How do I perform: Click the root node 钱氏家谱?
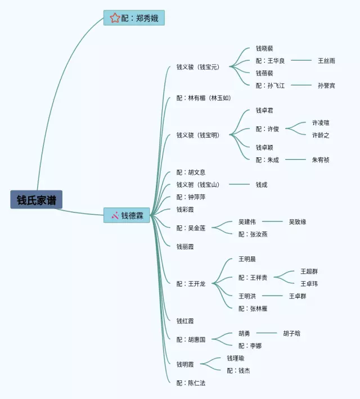[x=36, y=199]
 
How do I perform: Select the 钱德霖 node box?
[x=127, y=215]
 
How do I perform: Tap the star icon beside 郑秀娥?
[x=115, y=18]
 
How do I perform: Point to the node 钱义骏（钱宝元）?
[x=197, y=67]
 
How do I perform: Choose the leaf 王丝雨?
[x=326, y=61]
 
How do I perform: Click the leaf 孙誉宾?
[x=326, y=85]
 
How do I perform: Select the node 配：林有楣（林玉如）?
[x=203, y=98]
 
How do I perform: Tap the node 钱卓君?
[x=264, y=110]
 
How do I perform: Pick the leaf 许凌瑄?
[x=321, y=123]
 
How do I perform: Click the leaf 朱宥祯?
[x=321, y=160]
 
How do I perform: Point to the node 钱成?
[x=262, y=184]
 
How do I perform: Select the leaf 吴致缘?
[x=298, y=221]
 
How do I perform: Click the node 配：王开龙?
[x=191, y=283]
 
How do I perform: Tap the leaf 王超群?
[x=309, y=271]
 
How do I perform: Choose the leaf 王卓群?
[x=298, y=296]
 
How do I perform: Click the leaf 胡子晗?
[x=291, y=333]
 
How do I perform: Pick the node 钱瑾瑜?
[x=236, y=358]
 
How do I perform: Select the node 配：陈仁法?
[x=191, y=383]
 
